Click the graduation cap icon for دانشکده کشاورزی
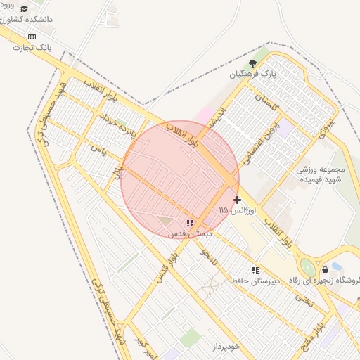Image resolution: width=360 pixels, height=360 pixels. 25,9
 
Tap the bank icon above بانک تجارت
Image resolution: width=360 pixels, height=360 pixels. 31,37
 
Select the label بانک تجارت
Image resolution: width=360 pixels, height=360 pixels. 33,48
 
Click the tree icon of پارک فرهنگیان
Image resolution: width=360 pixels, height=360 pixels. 252,63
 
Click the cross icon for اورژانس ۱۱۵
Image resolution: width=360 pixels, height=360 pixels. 238,200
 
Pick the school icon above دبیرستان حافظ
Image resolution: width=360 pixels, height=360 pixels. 255,269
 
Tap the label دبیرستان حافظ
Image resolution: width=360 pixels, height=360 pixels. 257,281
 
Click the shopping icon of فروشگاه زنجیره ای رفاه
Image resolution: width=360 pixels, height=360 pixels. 324,269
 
